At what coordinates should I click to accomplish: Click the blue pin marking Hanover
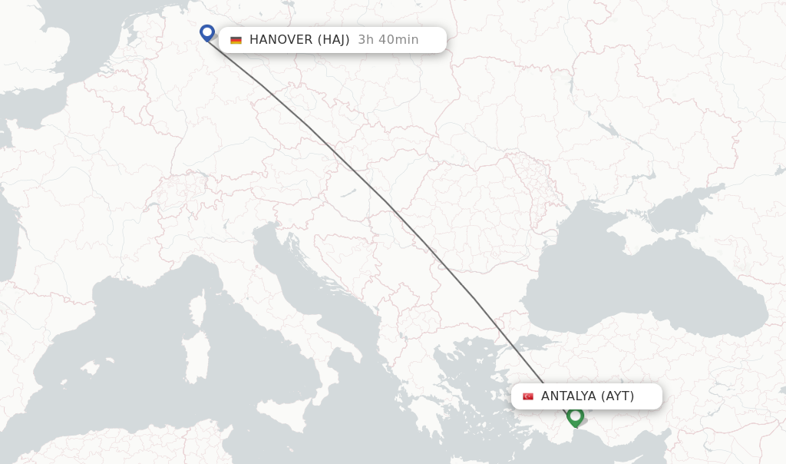point(207,32)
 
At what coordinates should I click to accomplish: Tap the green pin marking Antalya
point(575,416)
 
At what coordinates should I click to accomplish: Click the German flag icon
point(236,40)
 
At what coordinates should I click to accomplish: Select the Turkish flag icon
point(528,396)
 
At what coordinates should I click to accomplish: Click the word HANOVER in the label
point(280,40)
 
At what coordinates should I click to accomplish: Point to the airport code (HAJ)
point(333,40)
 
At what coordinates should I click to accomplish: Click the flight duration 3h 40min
point(388,40)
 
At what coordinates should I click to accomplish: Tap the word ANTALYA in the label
point(568,396)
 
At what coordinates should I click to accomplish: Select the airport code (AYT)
point(618,396)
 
